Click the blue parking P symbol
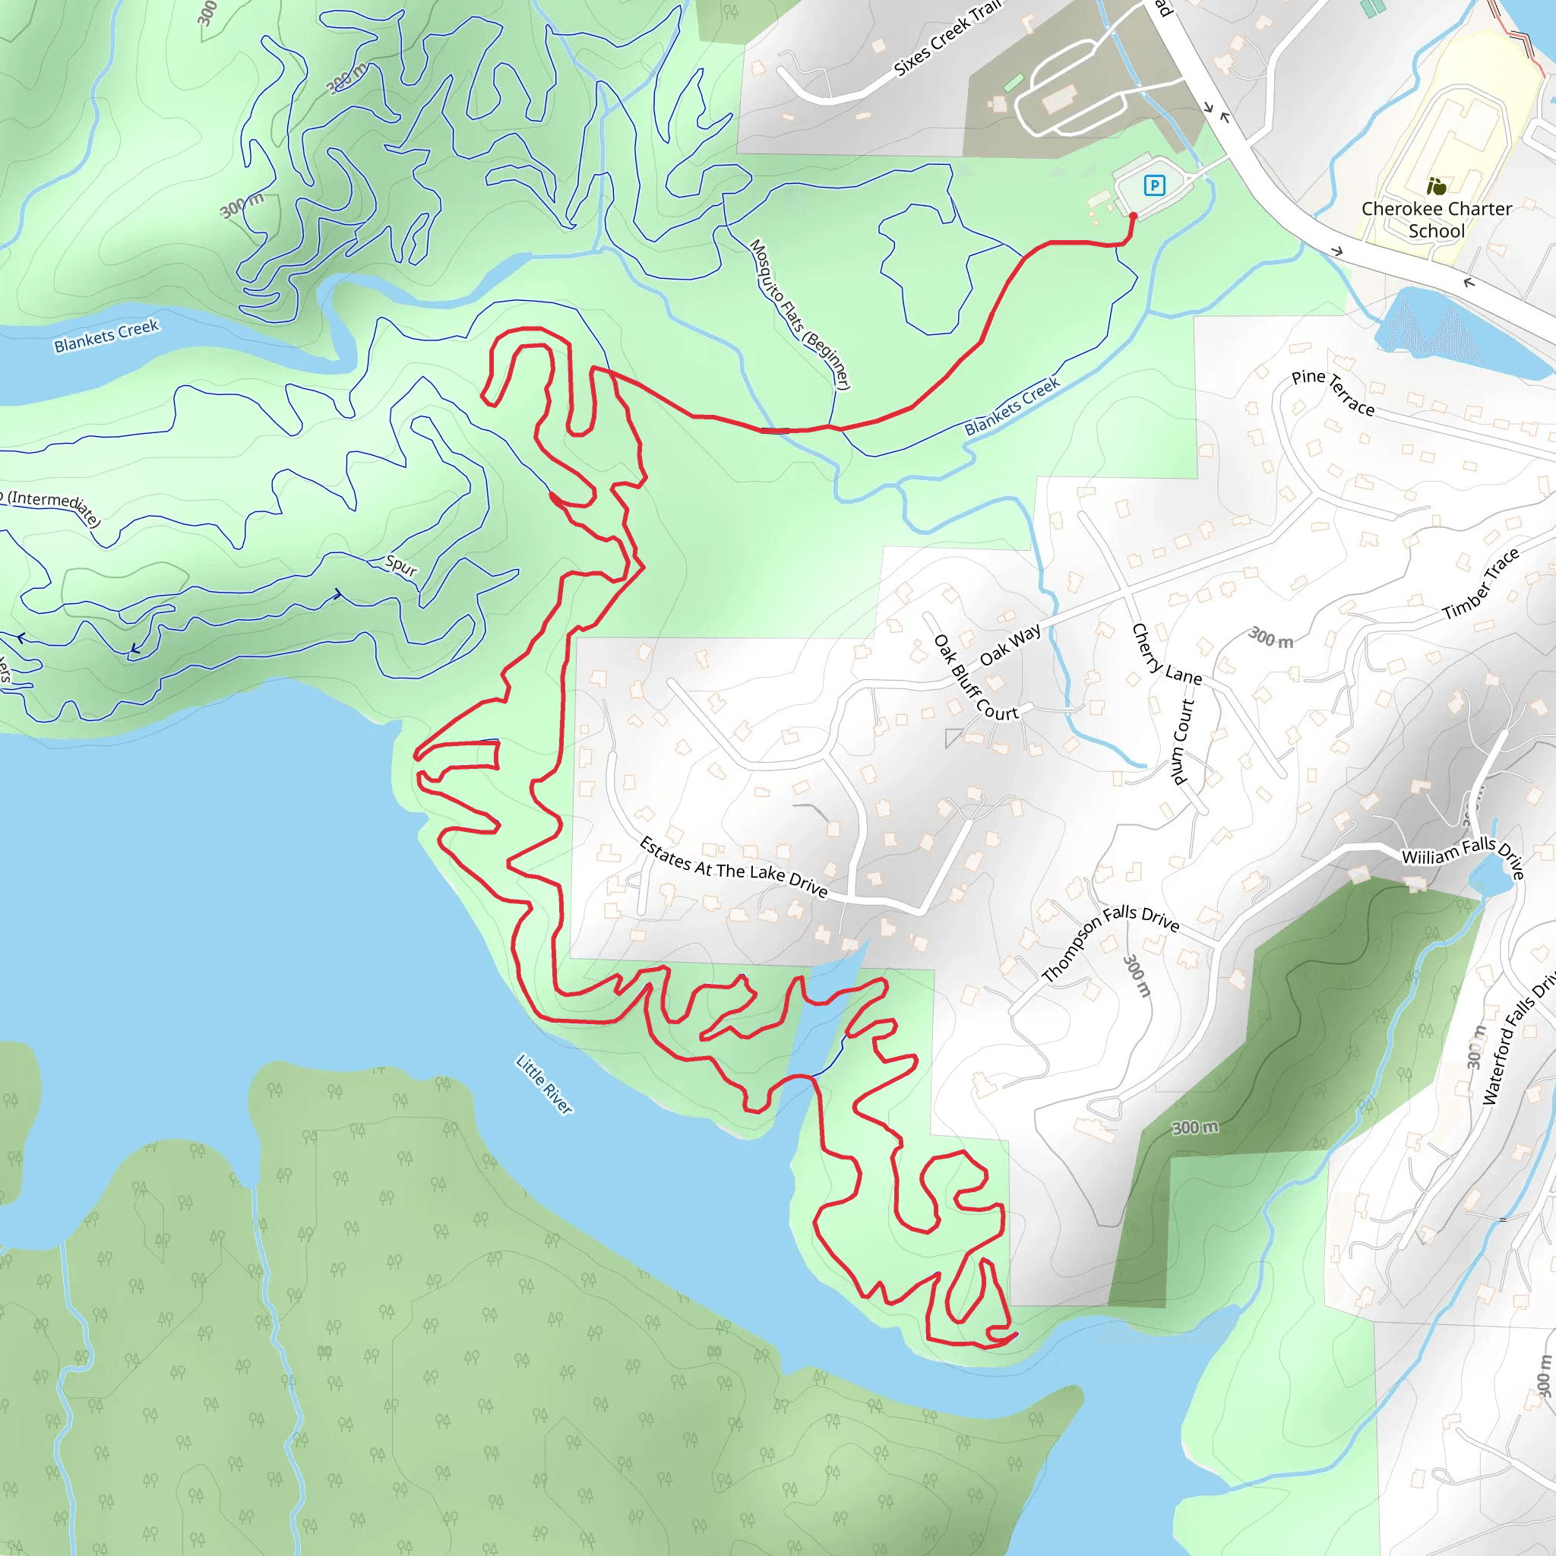pos(1154,186)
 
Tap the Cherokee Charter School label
pos(1437,220)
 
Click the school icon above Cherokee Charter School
pos(1436,188)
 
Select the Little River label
pos(545,1084)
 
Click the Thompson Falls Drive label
pos(1111,941)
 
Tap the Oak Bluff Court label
pos(976,677)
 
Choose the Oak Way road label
pos(1010,645)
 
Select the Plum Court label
pos(1181,742)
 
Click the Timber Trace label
pos(1480,584)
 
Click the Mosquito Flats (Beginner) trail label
pos(800,314)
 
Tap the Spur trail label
pos(401,565)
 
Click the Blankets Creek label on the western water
pos(106,336)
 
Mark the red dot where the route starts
pos(1133,216)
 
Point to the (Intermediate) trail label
pos(52,508)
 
